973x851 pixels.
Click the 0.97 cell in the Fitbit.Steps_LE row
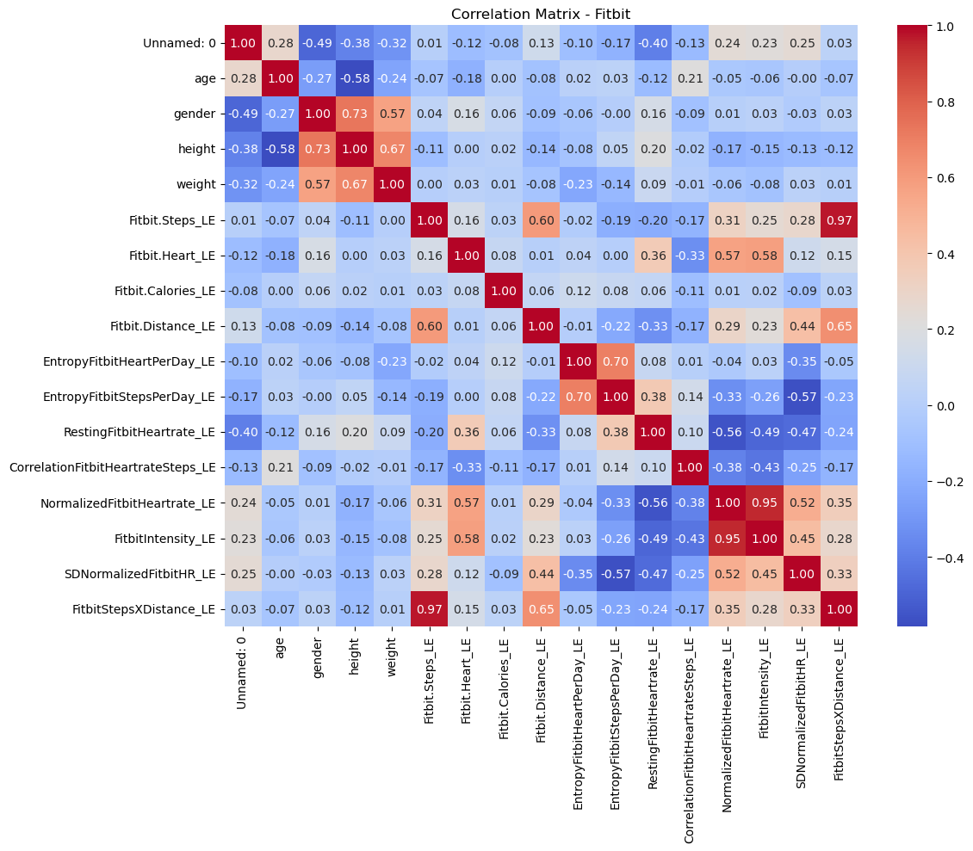[841, 219]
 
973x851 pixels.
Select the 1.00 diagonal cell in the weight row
[389, 184]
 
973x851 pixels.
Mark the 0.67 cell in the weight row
[352, 184]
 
